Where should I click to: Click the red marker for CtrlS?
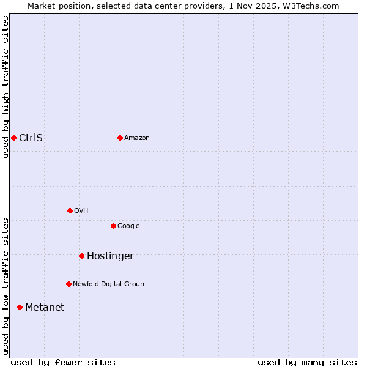(13, 138)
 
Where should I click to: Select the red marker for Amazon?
(120, 138)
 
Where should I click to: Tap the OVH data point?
(70, 210)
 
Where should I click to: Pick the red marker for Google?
(113, 226)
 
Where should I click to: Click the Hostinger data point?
(81, 256)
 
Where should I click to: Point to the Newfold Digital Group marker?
(69, 284)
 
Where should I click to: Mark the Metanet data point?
(20, 307)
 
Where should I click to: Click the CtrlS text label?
(31, 138)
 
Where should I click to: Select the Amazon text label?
(137, 138)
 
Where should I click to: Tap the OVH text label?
(81, 211)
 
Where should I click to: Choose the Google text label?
(128, 226)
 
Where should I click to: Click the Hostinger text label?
(110, 256)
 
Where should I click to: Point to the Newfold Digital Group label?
(108, 284)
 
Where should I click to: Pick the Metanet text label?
(45, 308)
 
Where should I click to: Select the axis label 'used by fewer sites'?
(63, 362)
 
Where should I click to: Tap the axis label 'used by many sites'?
(307, 362)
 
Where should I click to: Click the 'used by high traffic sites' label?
(6, 87)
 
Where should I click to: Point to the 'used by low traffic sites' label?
(6, 286)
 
